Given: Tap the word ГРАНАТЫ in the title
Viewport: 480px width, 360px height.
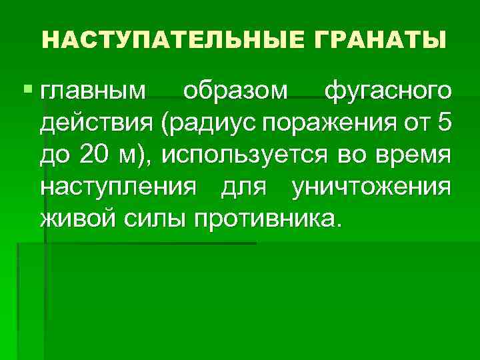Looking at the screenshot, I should (x=377, y=40).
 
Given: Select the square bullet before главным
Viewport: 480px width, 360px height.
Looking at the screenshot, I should (x=26, y=89).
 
